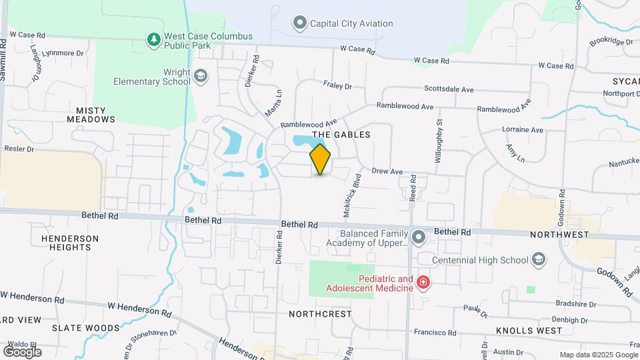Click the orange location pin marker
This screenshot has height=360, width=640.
click(321, 159)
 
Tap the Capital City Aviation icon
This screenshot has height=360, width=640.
click(300, 23)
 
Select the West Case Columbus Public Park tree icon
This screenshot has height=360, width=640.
click(154, 40)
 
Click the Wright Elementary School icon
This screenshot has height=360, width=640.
click(201, 76)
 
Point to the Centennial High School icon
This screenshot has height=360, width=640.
click(539, 260)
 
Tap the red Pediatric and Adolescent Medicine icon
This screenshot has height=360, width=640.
click(423, 283)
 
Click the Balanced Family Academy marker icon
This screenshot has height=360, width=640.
click(419, 237)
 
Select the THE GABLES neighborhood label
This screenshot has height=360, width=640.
click(346, 135)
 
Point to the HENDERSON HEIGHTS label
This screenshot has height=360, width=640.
click(70, 243)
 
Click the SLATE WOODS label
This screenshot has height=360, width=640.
click(87, 328)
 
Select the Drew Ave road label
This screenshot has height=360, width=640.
click(387, 171)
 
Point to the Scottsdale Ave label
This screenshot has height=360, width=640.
click(449, 89)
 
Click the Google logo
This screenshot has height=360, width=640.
click(22, 351)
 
